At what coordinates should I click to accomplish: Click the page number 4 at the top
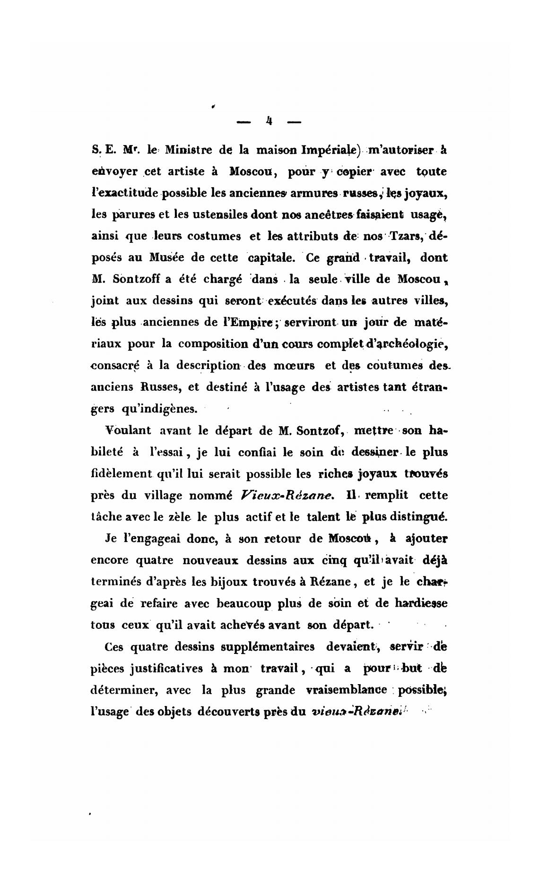(269, 121)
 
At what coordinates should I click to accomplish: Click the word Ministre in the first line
(188, 150)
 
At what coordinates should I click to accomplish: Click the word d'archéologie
(407, 343)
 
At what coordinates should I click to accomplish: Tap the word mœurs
(297, 365)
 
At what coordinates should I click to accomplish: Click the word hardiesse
(421, 603)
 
